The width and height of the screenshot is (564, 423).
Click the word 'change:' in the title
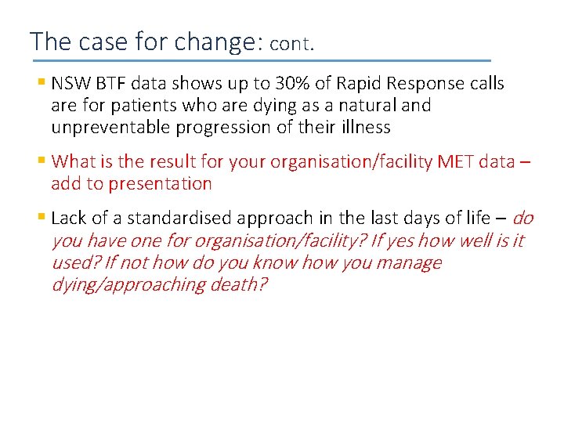click(x=216, y=41)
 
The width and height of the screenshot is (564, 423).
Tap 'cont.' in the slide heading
click(x=291, y=44)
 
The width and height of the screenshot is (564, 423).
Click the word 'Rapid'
click(x=380, y=83)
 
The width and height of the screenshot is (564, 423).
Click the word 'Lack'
click(x=68, y=218)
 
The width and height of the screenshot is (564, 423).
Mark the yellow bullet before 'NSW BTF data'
click(x=41, y=82)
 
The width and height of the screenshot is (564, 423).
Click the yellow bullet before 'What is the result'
click(x=41, y=161)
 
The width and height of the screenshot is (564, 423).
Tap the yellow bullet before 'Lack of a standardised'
click(x=41, y=217)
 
